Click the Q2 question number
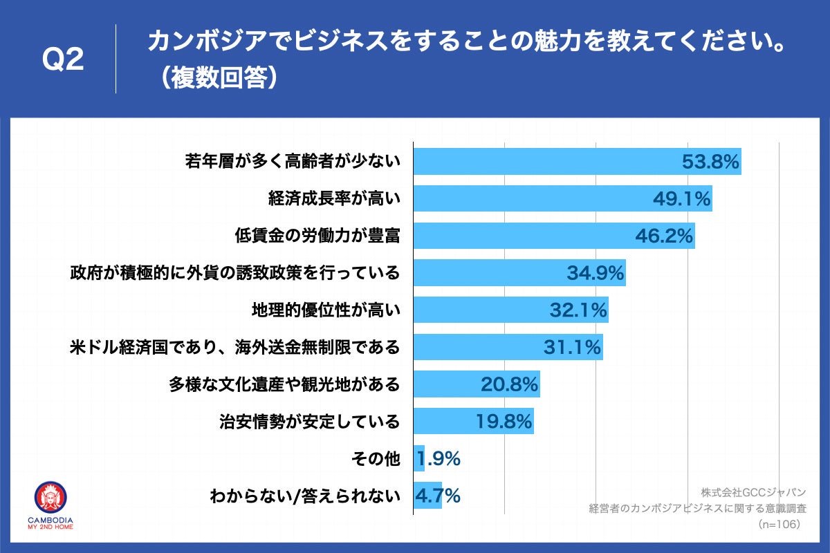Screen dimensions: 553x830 pyautogui.click(x=63, y=60)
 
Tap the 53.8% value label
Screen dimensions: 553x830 pyautogui.click(x=711, y=162)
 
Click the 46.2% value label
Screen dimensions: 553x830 pyautogui.click(x=664, y=236)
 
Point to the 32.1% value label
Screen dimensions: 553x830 pyautogui.click(x=578, y=310)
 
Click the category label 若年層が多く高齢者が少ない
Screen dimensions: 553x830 pyautogui.click(x=293, y=162)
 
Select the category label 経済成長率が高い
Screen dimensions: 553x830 pyautogui.click(x=334, y=199)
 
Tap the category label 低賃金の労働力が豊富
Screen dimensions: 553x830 pyautogui.click(x=318, y=236)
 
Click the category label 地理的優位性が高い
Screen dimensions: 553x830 pyautogui.click(x=326, y=310)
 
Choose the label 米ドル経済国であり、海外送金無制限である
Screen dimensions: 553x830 pyautogui.click(x=235, y=347)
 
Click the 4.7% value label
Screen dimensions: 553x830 pyautogui.click(x=438, y=496)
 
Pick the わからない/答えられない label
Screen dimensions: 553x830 pyautogui.click(x=305, y=496)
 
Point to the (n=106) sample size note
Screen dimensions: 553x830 pyautogui.click(x=780, y=525)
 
